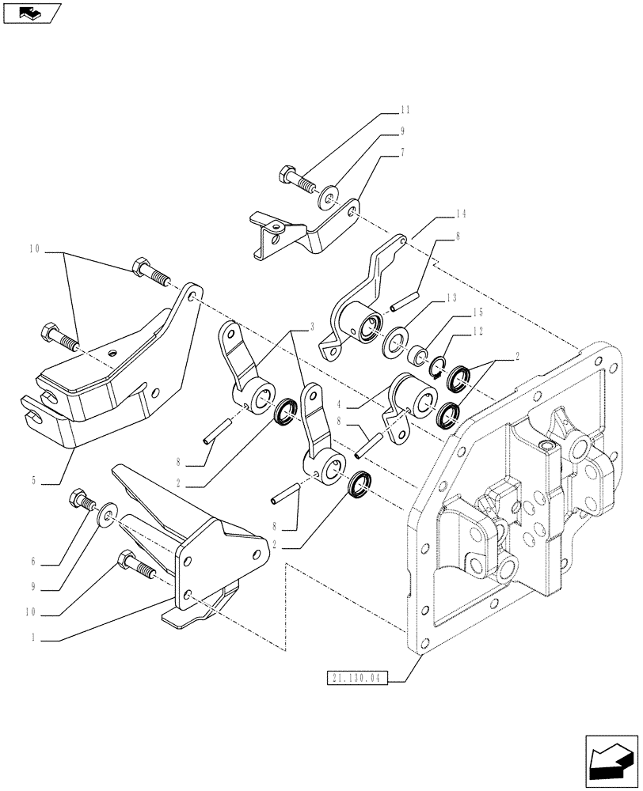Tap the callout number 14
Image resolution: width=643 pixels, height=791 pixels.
coord(461,214)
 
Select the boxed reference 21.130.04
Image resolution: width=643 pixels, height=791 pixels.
coord(355,679)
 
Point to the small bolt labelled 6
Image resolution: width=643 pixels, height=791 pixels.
coord(81,500)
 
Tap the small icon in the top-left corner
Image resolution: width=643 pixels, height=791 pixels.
coord(32,13)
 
